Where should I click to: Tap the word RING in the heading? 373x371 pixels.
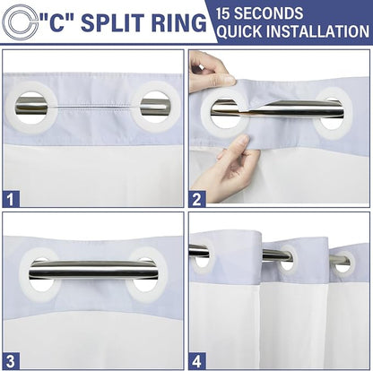178,22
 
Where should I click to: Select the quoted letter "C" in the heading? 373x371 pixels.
57,22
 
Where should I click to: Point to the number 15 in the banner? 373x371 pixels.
223,13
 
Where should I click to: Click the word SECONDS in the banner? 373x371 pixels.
268,13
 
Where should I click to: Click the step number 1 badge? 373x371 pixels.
11,199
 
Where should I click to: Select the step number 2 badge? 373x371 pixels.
197,199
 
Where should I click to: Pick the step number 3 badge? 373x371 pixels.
11,361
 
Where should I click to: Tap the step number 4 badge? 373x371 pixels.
197,361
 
